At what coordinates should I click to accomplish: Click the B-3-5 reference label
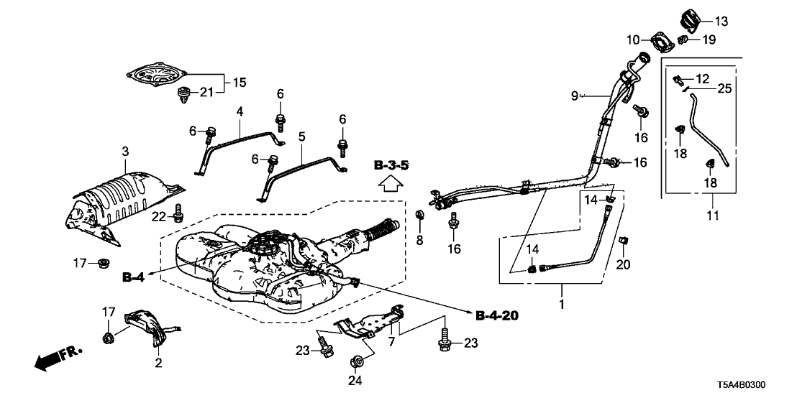point(391,167)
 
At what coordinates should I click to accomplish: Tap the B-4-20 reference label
point(496,315)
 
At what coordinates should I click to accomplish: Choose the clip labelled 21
point(184,95)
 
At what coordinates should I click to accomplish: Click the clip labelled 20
point(623,241)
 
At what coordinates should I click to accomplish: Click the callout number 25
point(724,89)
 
